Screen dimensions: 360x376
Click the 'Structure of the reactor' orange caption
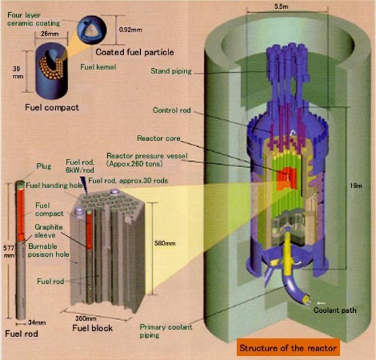pos(288,349)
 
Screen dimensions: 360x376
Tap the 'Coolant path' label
pos(334,311)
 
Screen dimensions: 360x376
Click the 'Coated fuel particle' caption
pos(125,53)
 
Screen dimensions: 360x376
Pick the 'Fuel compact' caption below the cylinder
pos(51,107)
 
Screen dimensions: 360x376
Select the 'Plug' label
pos(42,166)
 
